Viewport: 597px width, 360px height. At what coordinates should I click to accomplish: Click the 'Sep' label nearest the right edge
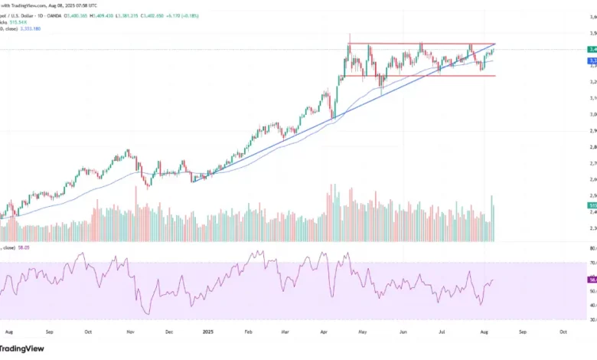[521, 333]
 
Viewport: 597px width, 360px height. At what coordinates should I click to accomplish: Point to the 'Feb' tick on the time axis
[249, 333]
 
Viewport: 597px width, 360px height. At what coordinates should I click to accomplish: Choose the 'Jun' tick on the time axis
[403, 333]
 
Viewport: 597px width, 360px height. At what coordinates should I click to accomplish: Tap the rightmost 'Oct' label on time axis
[563, 333]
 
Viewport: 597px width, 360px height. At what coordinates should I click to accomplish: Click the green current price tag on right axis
[592, 49]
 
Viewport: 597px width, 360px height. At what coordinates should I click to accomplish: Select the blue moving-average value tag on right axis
[592, 60]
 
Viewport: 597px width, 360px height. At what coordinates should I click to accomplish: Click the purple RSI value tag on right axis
[592, 281]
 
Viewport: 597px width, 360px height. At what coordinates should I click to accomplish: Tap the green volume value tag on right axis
[592, 206]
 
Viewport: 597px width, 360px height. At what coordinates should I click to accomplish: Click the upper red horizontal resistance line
[421, 44]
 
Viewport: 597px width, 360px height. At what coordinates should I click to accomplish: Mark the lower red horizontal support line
[421, 76]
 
